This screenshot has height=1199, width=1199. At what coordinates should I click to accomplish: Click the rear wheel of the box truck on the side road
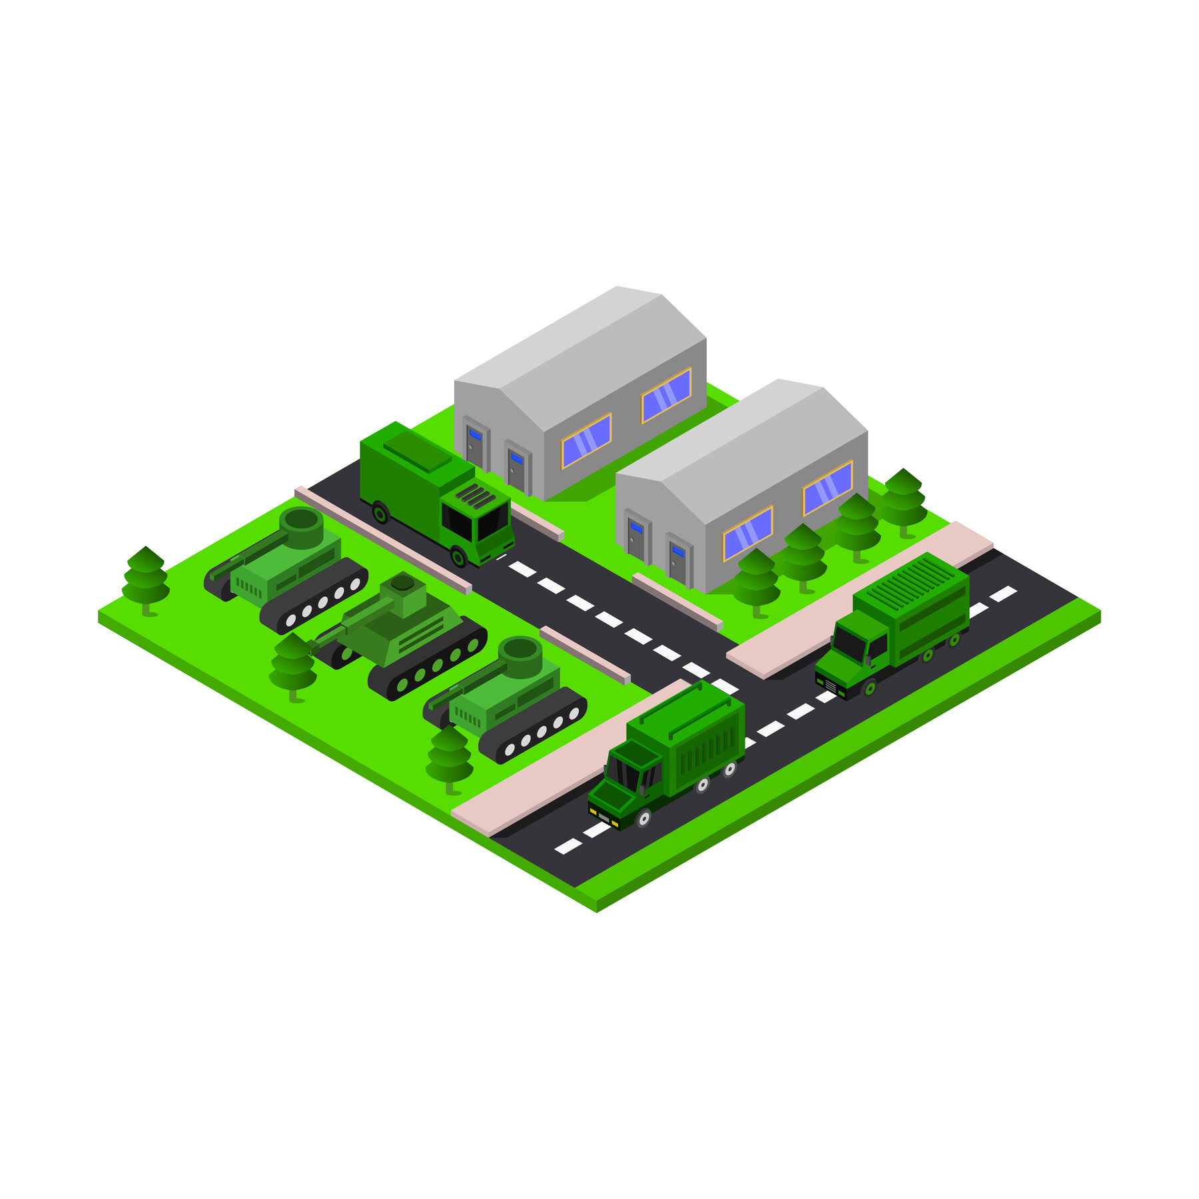coord(380,513)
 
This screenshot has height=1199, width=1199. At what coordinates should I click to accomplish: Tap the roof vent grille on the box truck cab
coord(476,496)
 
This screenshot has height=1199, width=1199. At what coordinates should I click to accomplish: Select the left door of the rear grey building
coord(474,446)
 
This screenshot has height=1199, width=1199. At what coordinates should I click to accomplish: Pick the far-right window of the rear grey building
coord(666,395)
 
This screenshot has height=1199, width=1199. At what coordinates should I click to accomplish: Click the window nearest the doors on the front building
coord(747,533)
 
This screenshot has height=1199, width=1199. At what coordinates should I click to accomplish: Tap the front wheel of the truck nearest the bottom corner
coord(643,817)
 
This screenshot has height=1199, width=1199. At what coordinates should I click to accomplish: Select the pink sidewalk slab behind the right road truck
coord(859,599)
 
